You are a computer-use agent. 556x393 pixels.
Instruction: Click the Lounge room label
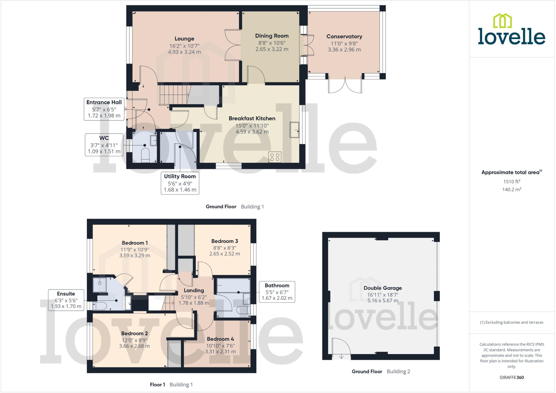184,39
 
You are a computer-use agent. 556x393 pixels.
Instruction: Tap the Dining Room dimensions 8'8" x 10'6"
272,43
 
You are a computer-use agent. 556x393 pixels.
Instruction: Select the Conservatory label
344,36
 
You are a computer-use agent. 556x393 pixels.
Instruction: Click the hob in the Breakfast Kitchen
275,157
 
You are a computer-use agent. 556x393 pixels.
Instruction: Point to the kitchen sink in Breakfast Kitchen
294,130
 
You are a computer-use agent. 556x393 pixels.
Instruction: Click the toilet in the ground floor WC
146,155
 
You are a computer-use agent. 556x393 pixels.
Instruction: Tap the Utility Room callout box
180,183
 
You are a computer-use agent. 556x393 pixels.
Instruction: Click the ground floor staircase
173,94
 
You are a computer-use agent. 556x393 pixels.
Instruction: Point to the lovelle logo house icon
502,21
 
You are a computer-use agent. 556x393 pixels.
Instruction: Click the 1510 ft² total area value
511,181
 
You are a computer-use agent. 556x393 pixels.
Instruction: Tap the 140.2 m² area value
511,190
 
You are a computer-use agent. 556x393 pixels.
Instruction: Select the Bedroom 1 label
135,243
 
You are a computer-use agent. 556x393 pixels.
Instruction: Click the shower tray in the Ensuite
100,284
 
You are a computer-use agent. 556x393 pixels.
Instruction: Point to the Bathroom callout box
277,292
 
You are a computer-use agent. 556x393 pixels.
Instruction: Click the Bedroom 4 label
220,339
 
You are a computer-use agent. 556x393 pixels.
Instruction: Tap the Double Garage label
383,288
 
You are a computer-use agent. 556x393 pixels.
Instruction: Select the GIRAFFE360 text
511,377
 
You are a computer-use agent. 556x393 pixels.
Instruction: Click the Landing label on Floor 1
194,290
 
